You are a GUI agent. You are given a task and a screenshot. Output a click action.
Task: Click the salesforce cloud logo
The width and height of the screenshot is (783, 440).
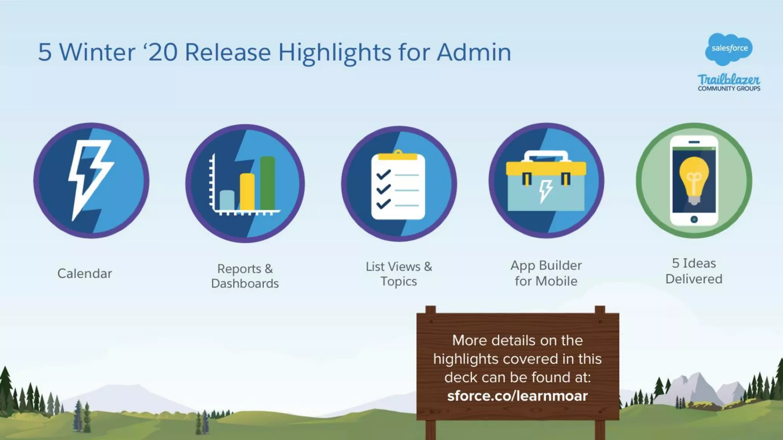[x=729, y=49]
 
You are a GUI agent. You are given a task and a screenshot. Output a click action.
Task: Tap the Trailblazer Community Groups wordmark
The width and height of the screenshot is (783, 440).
[x=729, y=82]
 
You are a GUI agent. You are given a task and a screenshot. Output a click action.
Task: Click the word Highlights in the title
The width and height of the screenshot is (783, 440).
[x=335, y=52]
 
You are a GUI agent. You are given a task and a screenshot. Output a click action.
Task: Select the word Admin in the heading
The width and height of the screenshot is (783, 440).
[x=474, y=52]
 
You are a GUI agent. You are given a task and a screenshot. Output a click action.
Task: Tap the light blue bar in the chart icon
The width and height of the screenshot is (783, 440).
[x=227, y=200]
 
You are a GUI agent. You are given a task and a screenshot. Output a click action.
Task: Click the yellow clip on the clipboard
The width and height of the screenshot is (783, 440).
[x=398, y=156]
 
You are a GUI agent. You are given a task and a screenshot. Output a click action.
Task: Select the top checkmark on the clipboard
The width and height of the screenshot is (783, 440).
[x=383, y=175]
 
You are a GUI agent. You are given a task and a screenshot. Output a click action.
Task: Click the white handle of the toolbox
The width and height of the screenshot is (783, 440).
[x=546, y=155]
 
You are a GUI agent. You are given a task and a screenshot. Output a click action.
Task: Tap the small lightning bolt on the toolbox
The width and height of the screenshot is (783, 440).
[x=546, y=191]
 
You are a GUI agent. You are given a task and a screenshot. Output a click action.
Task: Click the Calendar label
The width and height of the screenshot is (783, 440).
[x=84, y=273]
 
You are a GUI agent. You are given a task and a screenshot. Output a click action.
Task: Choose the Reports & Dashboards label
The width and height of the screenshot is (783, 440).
[x=245, y=276]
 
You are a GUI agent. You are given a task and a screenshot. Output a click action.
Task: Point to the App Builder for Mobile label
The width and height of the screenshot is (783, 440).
[x=546, y=273]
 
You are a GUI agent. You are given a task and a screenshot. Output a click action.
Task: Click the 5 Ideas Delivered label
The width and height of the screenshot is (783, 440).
[x=694, y=271]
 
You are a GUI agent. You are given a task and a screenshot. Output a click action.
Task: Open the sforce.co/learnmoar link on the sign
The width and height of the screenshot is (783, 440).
[x=517, y=396]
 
